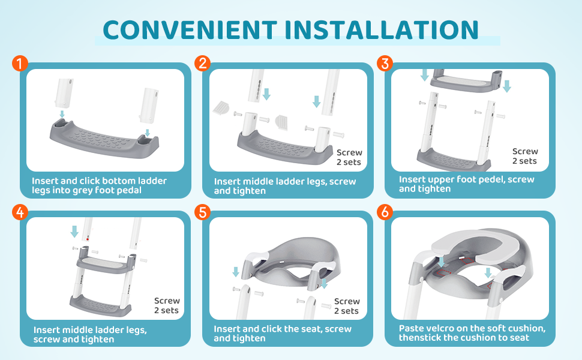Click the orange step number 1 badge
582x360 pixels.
[x=20, y=63]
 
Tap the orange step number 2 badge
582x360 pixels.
[x=202, y=63]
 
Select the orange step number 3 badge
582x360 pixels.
[x=385, y=63]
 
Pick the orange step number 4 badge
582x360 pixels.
[x=20, y=212]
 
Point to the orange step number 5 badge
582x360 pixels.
[x=202, y=212]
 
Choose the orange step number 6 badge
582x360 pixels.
[x=385, y=212]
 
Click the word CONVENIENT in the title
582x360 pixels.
[x=190, y=29]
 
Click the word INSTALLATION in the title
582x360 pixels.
[x=382, y=29]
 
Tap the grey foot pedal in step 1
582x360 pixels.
[x=104, y=139]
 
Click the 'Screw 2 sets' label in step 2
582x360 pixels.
[x=349, y=157]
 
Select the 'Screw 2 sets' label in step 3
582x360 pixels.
[x=525, y=156]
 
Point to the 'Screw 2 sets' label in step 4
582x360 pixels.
[x=167, y=305]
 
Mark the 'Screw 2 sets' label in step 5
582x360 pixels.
[x=347, y=306]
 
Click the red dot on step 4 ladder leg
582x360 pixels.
[x=88, y=239]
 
